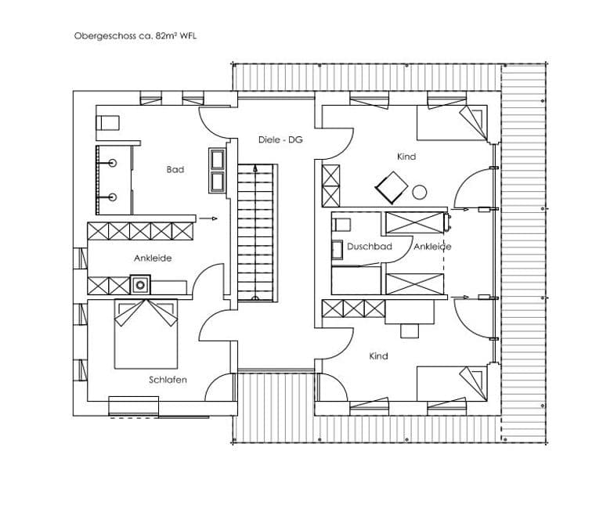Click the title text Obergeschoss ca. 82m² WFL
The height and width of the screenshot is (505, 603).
[x=135, y=36]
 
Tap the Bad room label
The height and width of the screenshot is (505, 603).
[x=175, y=170]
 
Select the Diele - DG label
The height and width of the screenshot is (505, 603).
[x=280, y=139]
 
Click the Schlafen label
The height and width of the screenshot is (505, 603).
[x=168, y=380]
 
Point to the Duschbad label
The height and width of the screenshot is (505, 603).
[x=369, y=247]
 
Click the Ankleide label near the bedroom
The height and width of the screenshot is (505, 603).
[x=153, y=258]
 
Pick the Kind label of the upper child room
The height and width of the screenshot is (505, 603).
[x=406, y=157]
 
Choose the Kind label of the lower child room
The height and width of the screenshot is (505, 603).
[x=378, y=356]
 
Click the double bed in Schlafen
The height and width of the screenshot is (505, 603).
[x=146, y=334]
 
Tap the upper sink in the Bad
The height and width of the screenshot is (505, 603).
[x=112, y=163]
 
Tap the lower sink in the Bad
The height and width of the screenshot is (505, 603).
[x=112, y=197]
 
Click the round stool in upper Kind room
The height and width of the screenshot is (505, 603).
[x=420, y=193]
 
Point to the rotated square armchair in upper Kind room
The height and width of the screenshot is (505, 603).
[x=392, y=188]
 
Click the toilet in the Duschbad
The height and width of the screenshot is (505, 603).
[x=341, y=225]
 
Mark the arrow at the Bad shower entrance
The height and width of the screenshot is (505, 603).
[x=209, y=218]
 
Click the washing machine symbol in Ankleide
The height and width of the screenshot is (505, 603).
[x=140, y=285]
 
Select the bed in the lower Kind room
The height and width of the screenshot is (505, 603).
[x=453, y=384]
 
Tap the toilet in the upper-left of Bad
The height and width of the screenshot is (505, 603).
[x=107, y=123]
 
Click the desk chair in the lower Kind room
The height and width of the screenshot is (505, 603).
[x=410, y=330]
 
